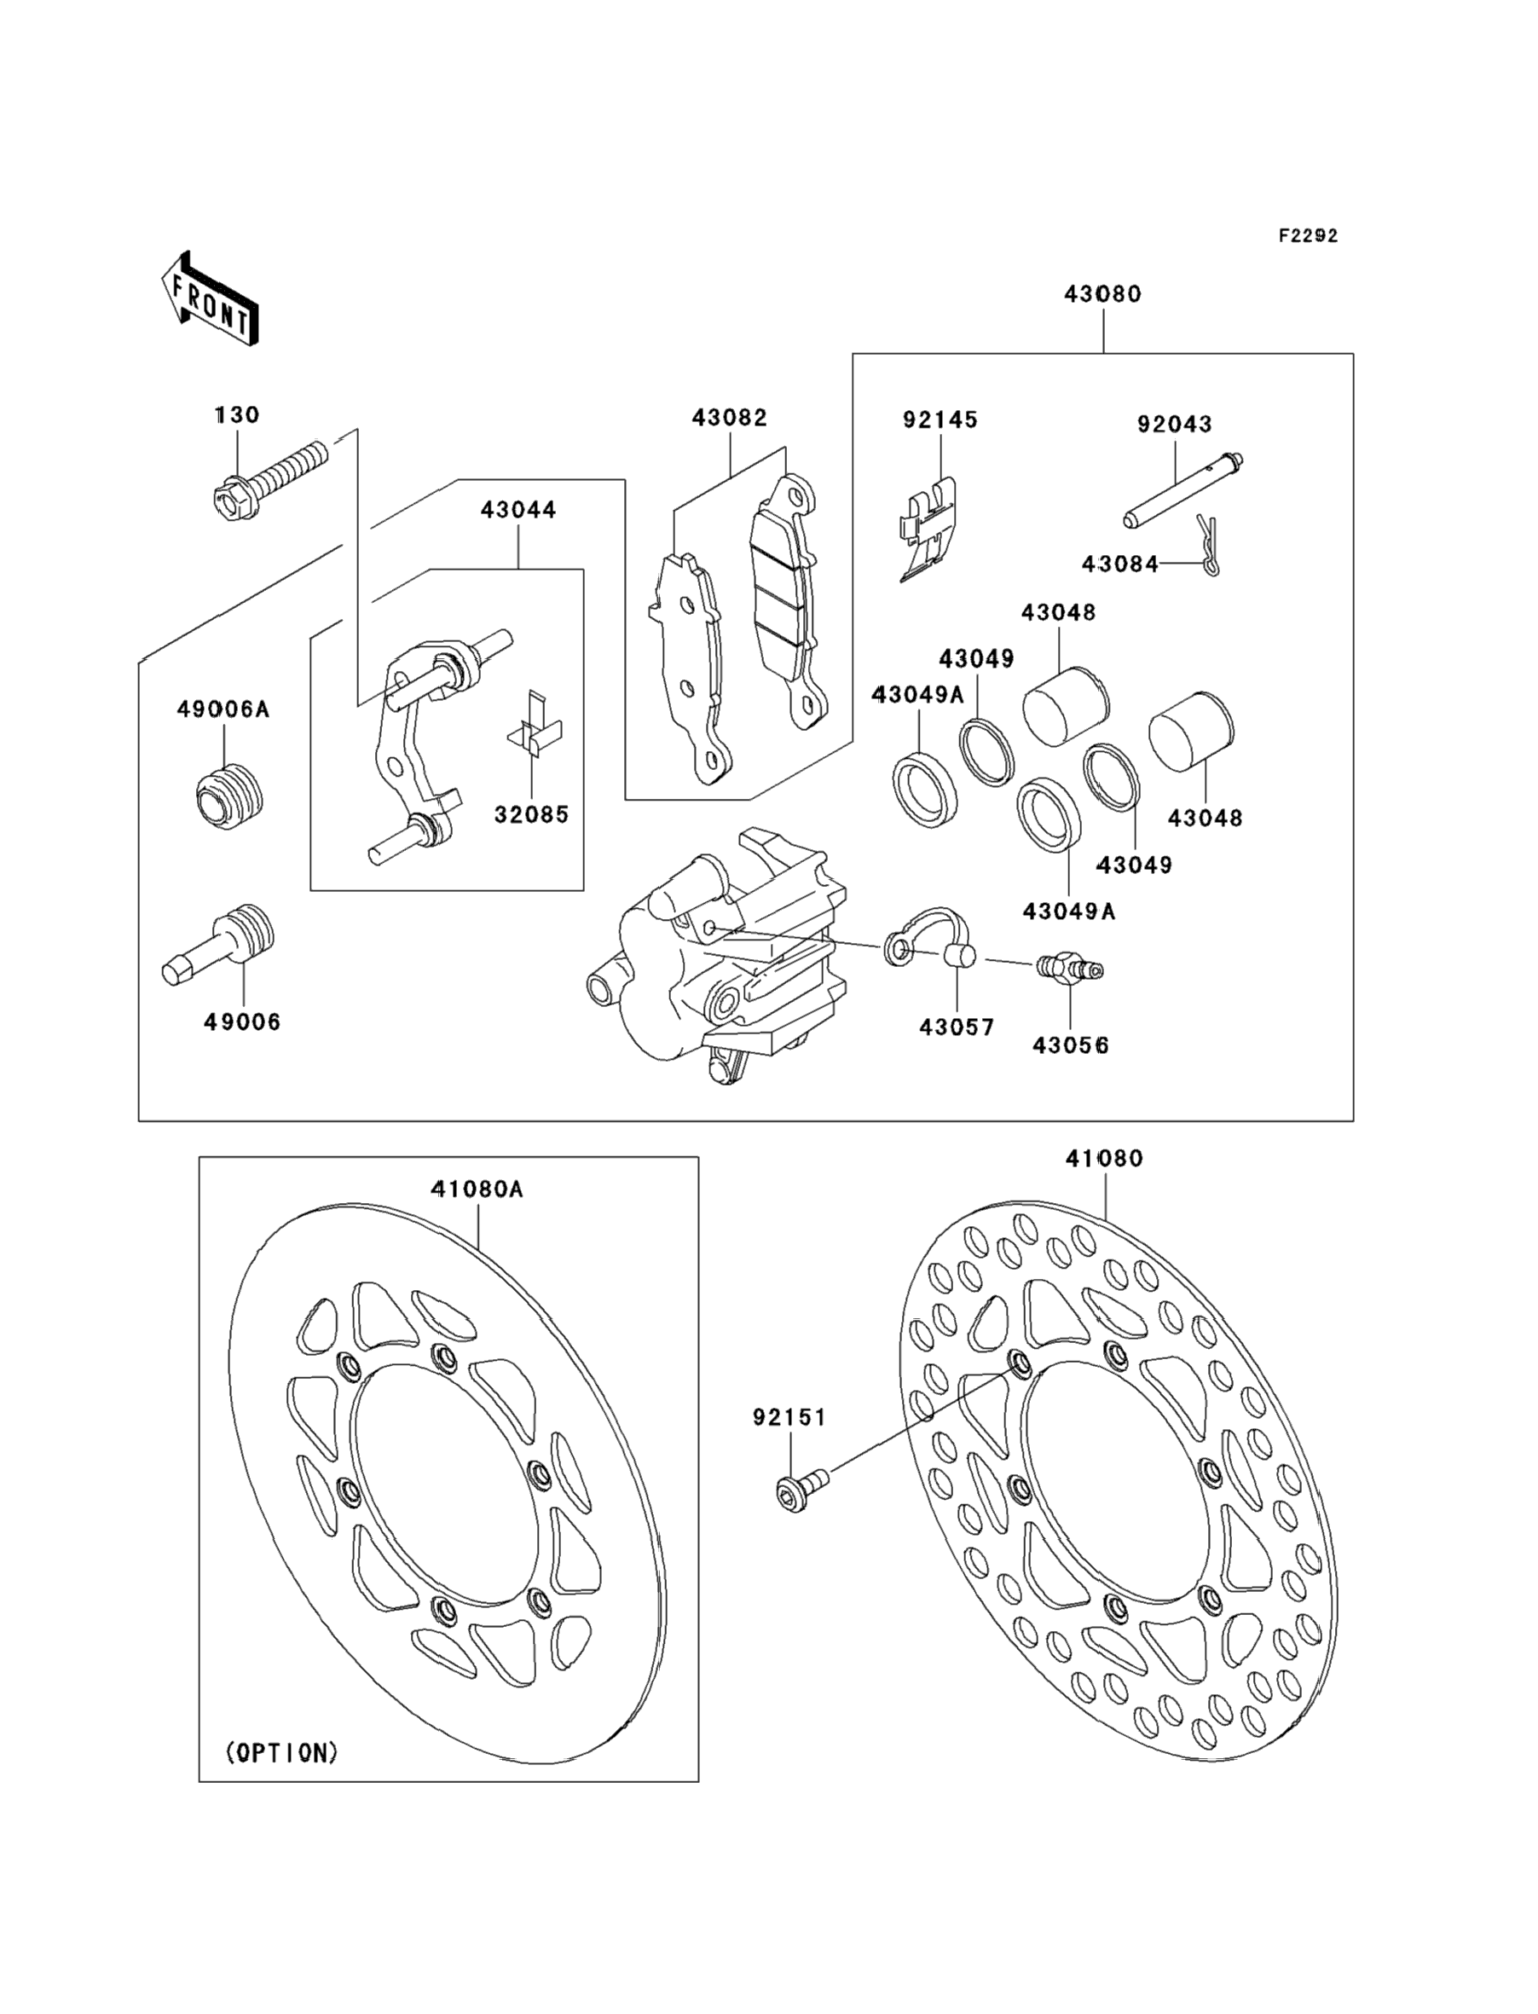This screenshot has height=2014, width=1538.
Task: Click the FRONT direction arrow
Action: tap(210, 299)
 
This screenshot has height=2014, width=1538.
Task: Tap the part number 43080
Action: tap(1102, 294)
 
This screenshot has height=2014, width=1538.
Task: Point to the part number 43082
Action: tap(730, 418)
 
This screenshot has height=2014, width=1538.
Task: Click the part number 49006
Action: tap(241, 1021)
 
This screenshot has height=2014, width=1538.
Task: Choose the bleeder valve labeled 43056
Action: tap(1069, 967)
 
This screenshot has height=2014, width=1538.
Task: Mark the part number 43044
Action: tap(518, 510)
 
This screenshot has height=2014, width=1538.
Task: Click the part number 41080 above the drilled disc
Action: tap(1104, 1158)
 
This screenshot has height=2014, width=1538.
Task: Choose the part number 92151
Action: tap(789, 1417)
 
